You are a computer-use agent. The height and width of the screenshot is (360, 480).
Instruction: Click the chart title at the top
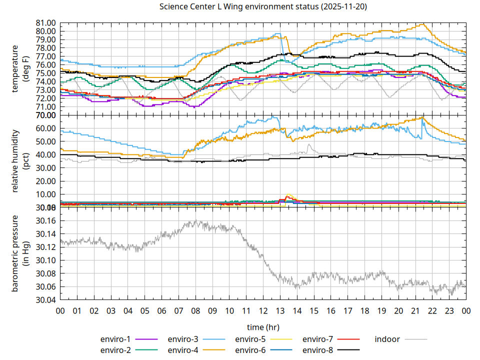pos(262,7)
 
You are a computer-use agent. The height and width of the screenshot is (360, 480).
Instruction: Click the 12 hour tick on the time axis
pos(263,311)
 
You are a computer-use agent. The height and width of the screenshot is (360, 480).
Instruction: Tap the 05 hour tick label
pos(144,311)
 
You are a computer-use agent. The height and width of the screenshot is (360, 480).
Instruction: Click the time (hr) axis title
pos(263,327)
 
